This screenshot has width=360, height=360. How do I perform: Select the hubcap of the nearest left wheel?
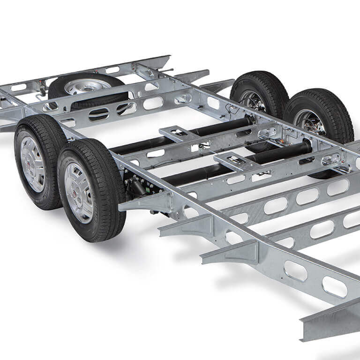point(78,192)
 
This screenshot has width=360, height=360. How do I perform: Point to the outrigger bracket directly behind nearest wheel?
point(141,202)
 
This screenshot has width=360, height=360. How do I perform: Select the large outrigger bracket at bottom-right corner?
point(328,323)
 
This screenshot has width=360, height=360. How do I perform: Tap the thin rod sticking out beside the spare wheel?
point(166,71)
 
